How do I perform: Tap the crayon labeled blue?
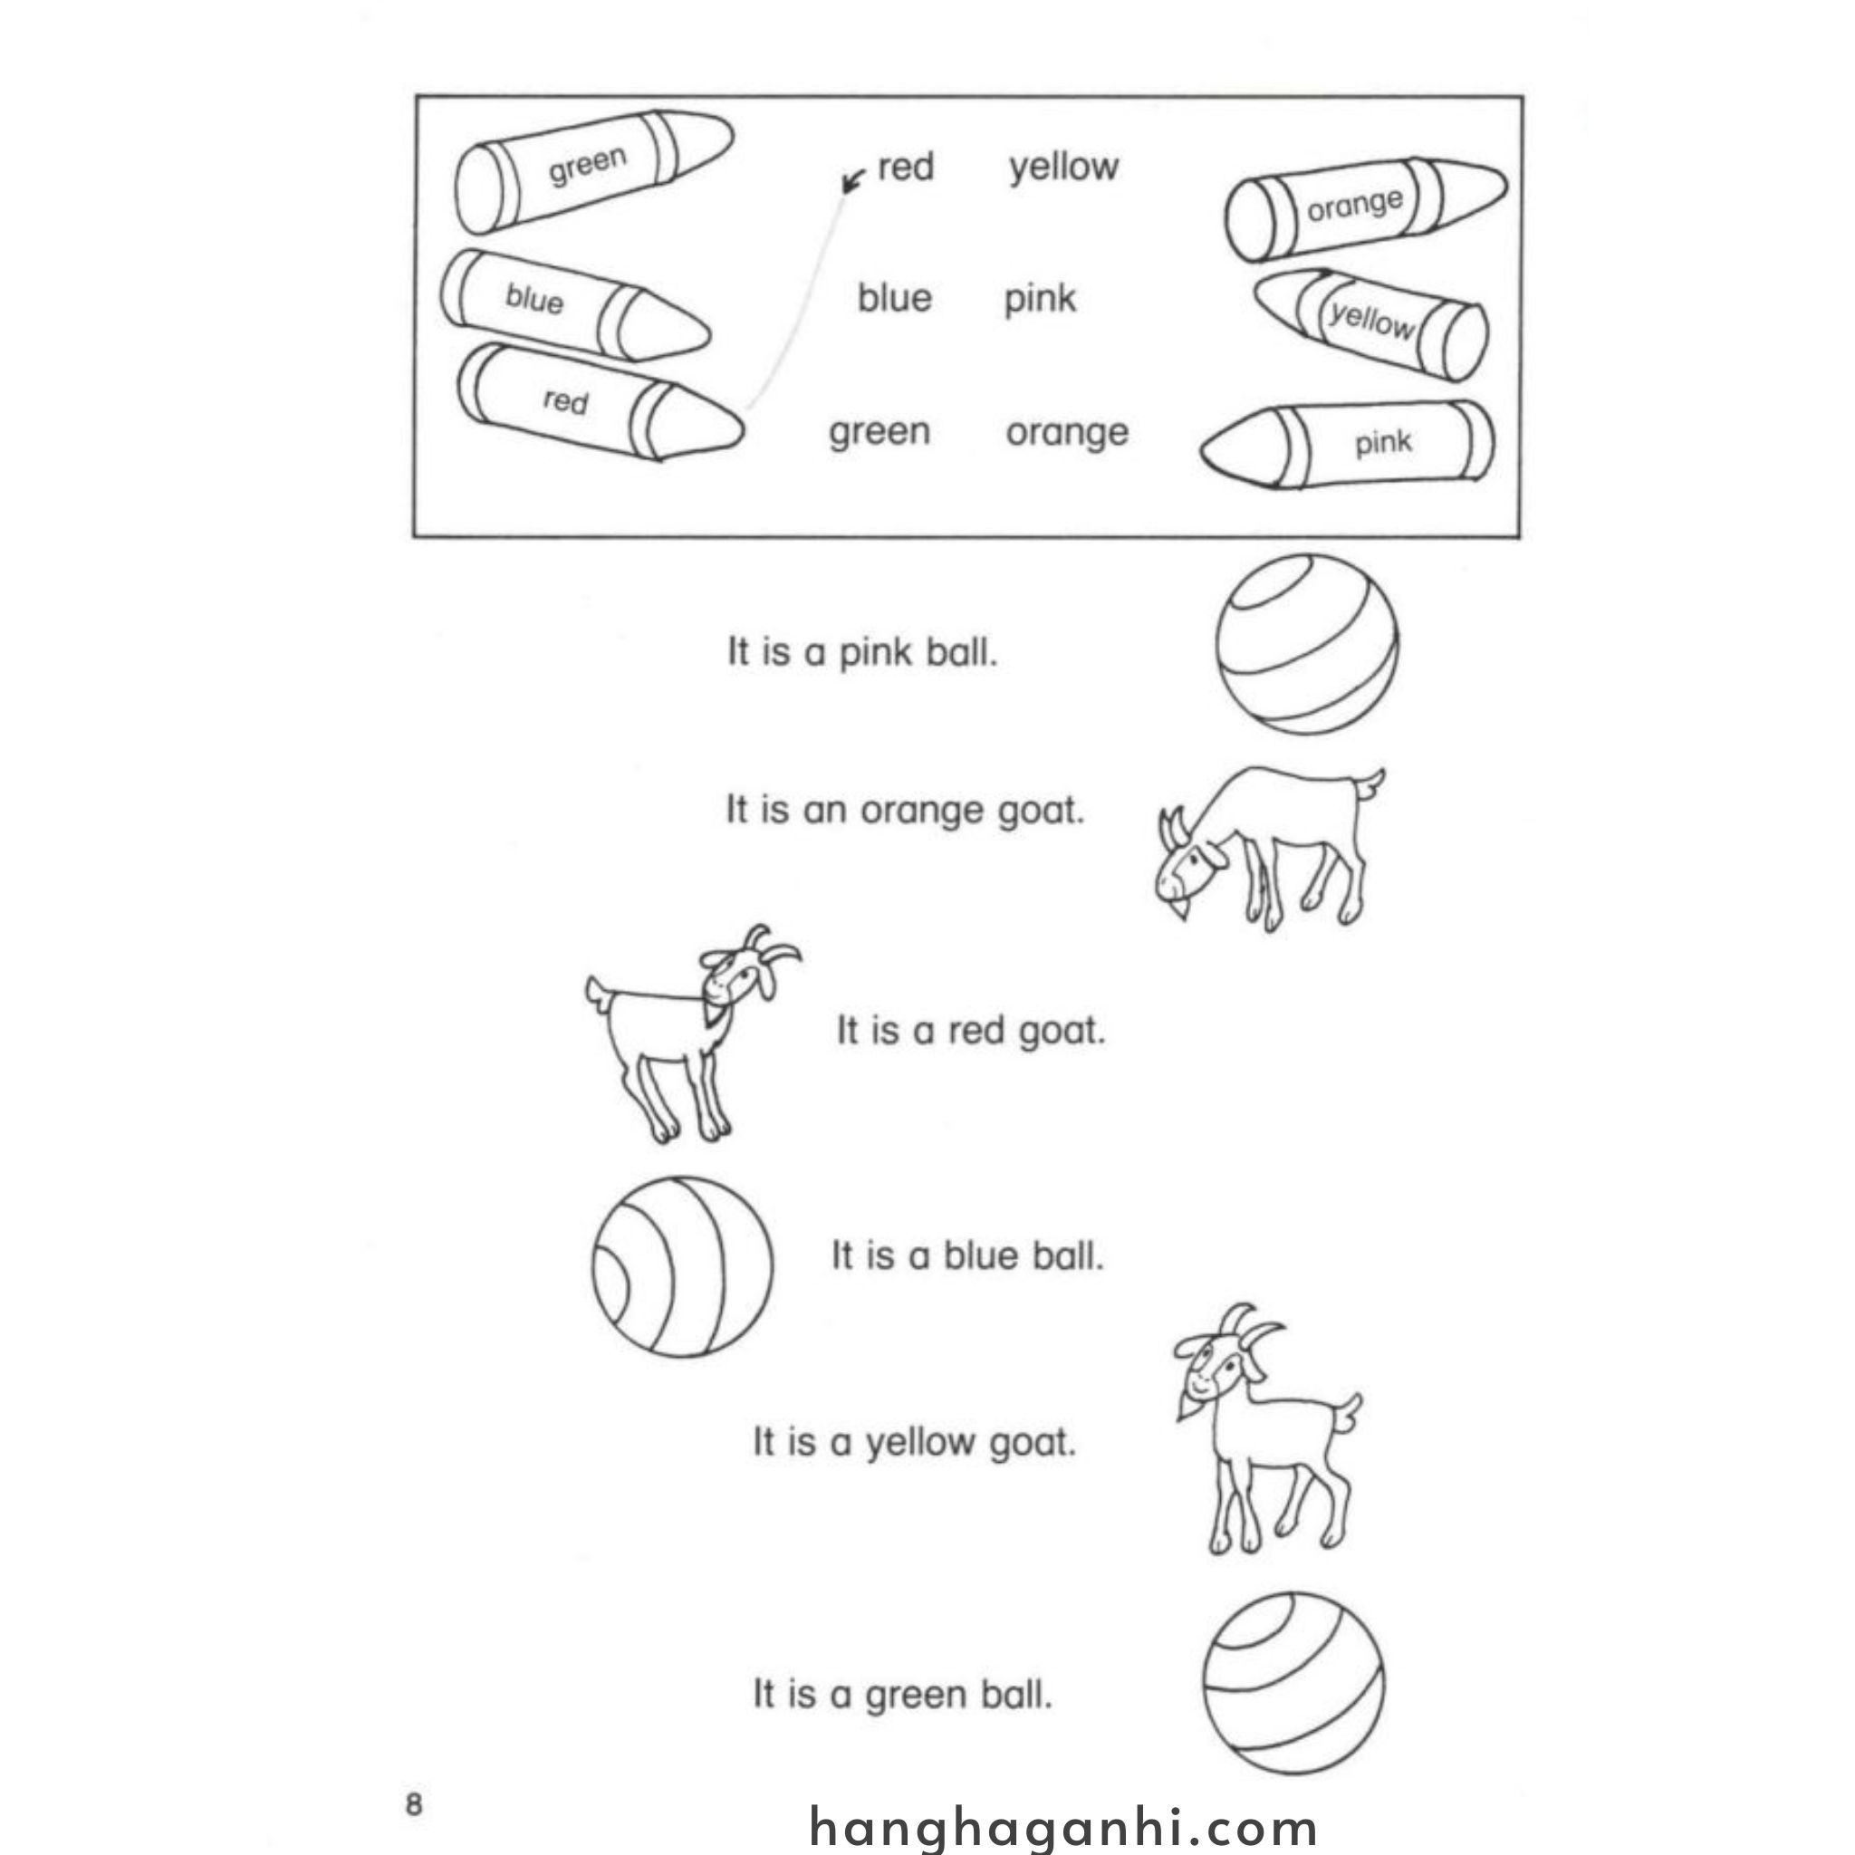[572, 306]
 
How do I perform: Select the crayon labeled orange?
[1363, 208]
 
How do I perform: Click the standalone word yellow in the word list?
[1062, 167]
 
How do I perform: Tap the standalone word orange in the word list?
[1067, 432]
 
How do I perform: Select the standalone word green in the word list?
[879, 432]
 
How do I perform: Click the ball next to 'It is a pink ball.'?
[1307, 644]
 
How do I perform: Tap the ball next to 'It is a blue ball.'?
[682, 1266]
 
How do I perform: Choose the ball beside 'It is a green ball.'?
[1293, 1697]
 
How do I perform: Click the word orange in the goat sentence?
[922, 812]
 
